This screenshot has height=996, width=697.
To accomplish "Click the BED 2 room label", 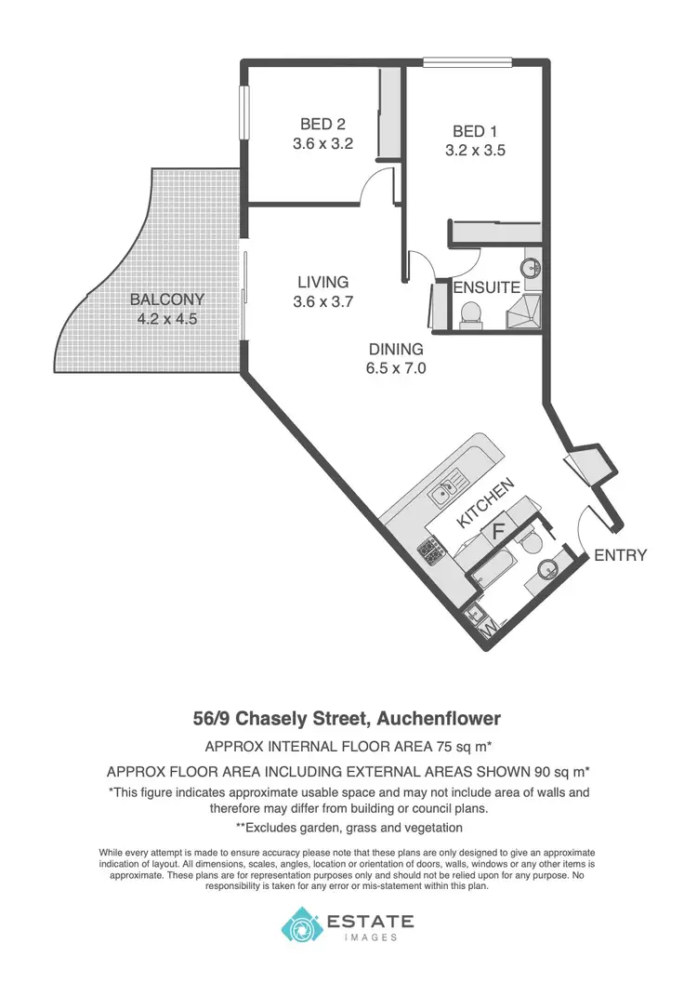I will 323,124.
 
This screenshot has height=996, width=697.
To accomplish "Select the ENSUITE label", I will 486,287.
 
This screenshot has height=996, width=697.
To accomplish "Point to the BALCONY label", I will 166,299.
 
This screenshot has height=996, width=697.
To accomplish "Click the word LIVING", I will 322,282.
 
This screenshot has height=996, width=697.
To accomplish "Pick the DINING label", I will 396,350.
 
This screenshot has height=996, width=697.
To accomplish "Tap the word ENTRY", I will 620,555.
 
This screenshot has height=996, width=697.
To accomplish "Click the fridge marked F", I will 497,532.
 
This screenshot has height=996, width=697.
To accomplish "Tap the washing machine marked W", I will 489,631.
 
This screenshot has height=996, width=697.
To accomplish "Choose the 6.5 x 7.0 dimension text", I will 396,368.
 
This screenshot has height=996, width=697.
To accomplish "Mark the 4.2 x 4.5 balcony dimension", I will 166,318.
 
